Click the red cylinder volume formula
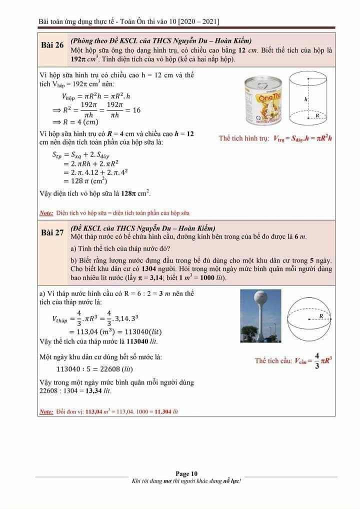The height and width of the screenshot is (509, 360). coord(275,138)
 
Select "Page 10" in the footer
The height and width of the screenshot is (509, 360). coord(186,473)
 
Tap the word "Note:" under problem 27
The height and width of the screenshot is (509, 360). coord(46,412)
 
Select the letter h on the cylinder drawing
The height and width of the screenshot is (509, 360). coord(305,99)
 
